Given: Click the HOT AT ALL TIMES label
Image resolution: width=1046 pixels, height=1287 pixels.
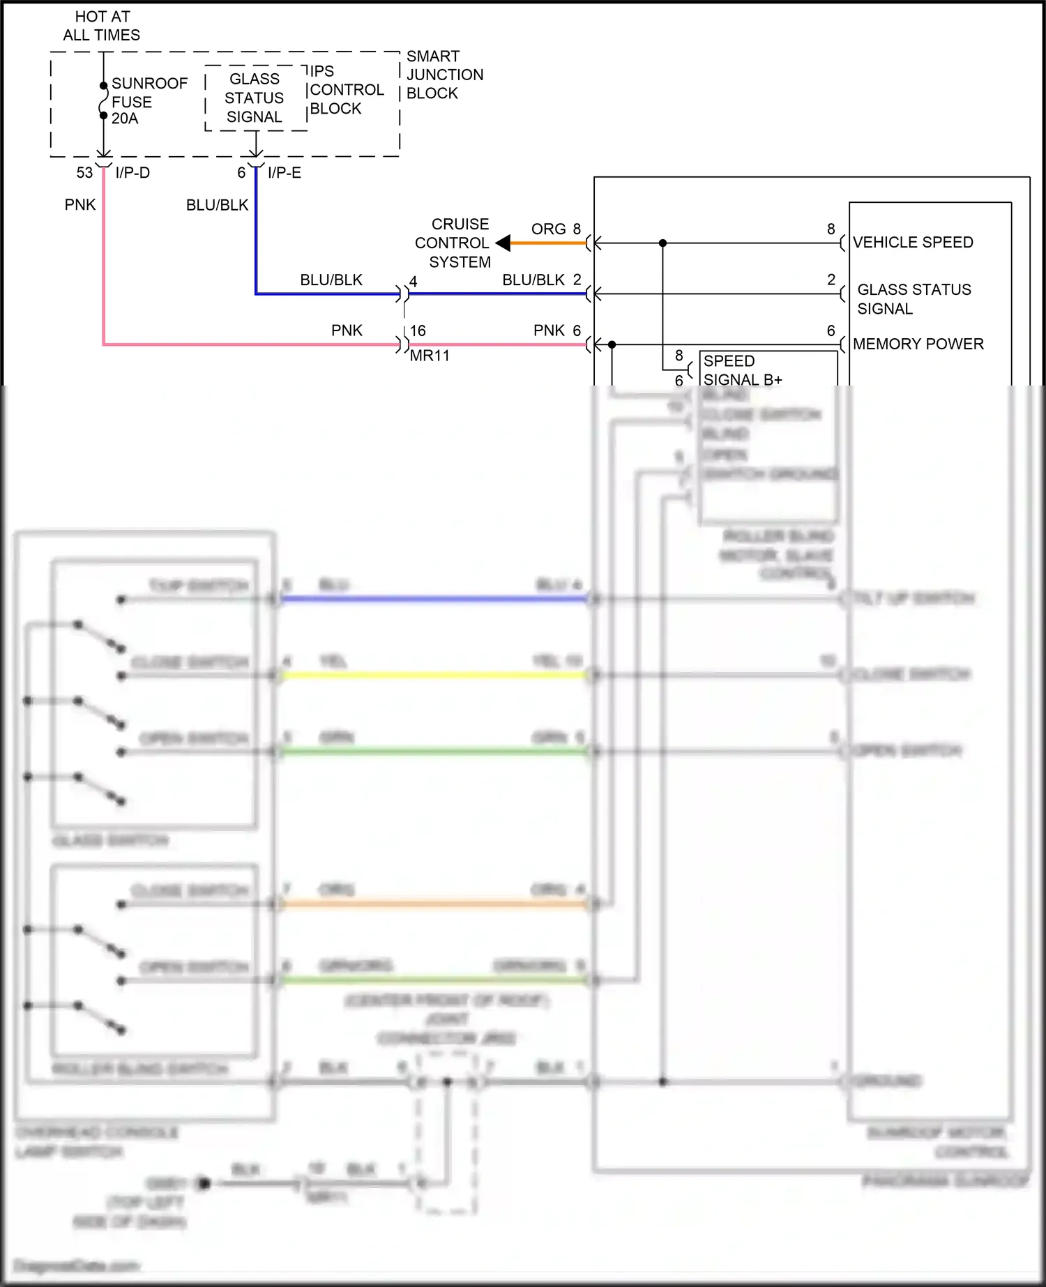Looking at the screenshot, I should pos(102,26).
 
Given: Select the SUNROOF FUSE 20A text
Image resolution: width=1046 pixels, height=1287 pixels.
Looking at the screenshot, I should pos(149,101).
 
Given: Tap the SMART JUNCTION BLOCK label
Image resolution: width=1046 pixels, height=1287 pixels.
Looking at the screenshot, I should pos(444,75).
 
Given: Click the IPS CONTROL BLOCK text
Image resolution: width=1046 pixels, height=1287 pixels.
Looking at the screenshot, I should pos(345,90).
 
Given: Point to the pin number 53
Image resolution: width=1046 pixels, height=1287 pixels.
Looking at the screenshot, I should pos(84,173).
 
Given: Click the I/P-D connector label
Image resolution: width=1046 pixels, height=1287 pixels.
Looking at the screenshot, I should pos(132,173).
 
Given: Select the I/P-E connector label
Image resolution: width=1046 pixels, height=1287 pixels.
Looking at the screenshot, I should pos(285,173).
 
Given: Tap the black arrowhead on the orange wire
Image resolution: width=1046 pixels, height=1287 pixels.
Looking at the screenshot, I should pos(503,243).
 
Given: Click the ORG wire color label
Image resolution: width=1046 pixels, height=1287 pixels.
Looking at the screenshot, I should pos(548,229).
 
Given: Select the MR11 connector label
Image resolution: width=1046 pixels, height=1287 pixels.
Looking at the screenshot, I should pos(430,356).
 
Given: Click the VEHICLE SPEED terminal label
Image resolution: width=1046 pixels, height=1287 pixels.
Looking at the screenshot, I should pos(913,243).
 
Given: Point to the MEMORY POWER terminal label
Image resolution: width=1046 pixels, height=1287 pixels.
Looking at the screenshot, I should pos(918,344).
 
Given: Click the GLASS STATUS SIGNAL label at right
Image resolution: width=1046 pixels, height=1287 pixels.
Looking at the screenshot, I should pos(913,299).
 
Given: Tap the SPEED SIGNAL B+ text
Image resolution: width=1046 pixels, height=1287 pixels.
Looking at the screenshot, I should pos(742,370).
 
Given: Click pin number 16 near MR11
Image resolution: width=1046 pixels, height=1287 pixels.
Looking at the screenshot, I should pos(418,331).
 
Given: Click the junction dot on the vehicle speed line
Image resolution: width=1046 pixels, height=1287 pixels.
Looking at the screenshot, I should pos(662,243).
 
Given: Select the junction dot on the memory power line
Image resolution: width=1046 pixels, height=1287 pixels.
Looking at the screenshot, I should pos(612,344).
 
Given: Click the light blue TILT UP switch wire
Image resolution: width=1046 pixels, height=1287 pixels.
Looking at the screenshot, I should pos(432,599).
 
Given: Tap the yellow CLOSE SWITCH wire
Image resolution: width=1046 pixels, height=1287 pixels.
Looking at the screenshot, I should pos(432,676).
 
